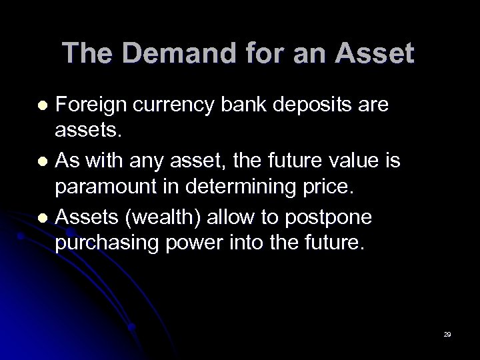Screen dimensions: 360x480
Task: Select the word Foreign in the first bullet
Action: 92,105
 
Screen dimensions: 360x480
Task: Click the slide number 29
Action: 447,333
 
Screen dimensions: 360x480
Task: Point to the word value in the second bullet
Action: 341,159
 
